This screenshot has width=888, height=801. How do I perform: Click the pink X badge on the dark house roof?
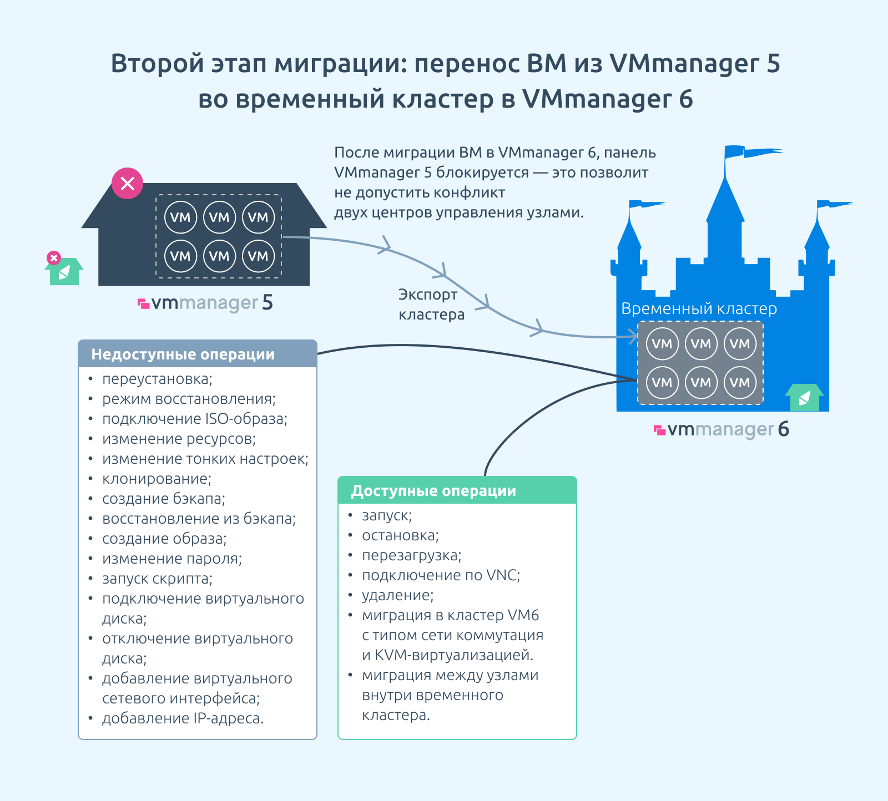pos(128,183)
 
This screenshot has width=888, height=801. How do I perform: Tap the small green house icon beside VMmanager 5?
pos(64,270)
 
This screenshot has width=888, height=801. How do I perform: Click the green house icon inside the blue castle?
pos(804,397)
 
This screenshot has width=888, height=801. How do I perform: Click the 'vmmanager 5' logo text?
pos(205,303)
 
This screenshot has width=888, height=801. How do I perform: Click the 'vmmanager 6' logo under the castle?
pos(722,429)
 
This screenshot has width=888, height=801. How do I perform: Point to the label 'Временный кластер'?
pos(699,308)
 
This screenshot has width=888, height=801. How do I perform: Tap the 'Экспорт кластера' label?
pos(431,305)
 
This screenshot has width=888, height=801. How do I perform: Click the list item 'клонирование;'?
pos(157,479)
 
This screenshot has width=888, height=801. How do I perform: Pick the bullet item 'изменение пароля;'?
pos(172,559)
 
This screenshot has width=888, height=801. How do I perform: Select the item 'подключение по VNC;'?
pos(441,575)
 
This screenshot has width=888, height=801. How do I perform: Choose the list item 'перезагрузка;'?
pos(412,555)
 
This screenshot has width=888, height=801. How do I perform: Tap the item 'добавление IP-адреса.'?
pos(183,718)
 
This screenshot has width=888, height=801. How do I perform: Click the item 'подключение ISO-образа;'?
pos(195,419)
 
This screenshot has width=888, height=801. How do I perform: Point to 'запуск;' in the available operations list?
pos(387,516)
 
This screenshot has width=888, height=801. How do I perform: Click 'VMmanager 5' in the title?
pos(695,64)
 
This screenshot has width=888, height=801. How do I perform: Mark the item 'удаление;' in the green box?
pos(398,595)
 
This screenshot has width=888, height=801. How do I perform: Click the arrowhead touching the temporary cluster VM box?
pos(633,337)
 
